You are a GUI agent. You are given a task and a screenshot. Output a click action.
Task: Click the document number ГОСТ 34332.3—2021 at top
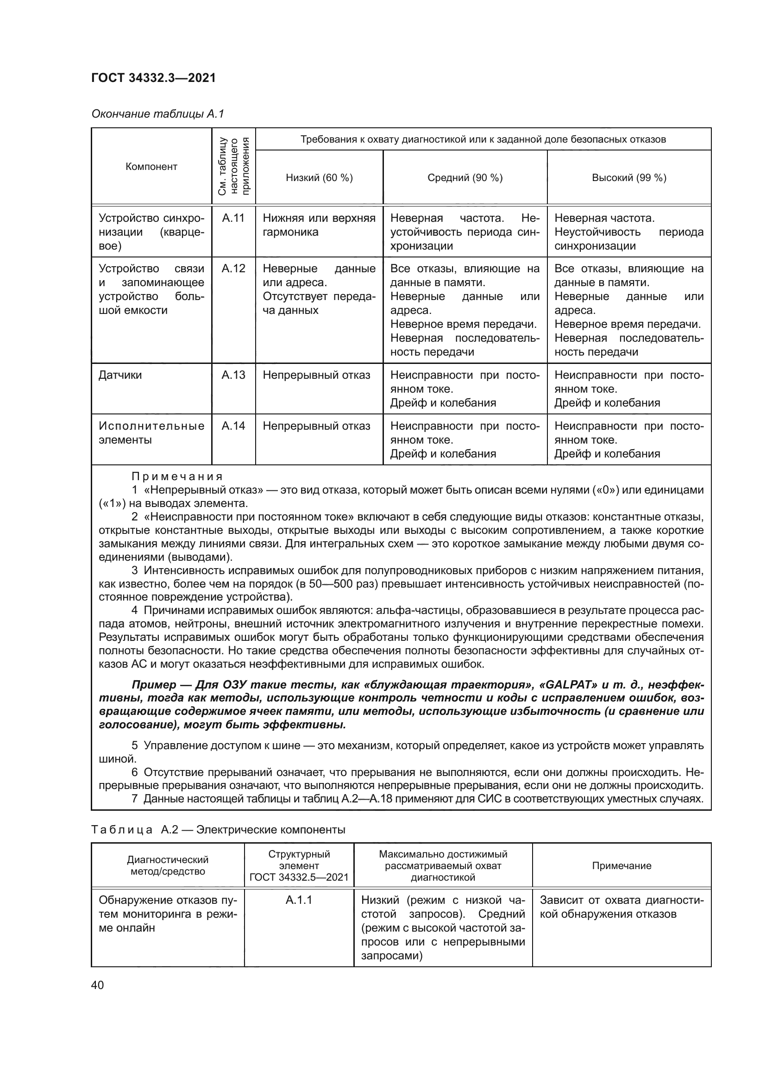(153, 78)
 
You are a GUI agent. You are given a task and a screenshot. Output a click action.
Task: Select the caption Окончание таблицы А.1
(157, 114)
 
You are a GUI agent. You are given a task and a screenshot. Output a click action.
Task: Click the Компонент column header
(151, 167)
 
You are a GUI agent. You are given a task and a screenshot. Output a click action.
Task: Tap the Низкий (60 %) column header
(320, 178)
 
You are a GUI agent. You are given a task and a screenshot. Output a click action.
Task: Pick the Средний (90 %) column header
(465, 178)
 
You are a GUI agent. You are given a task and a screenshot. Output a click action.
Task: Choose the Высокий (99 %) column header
(629, 178)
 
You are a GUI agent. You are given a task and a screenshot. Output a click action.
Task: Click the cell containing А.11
(233, 219)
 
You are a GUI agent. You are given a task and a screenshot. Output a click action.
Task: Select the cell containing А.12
(233, 269)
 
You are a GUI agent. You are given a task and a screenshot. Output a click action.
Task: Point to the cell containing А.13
(233, 376)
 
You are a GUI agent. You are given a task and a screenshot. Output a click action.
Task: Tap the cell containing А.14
(233, 426)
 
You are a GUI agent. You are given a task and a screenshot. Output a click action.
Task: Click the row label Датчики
(120, 376)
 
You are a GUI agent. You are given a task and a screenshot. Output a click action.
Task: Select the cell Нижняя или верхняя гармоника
(319, 225)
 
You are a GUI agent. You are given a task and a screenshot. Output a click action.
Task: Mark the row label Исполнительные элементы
(151, 433)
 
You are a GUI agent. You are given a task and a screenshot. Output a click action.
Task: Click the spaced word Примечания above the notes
(177, 476)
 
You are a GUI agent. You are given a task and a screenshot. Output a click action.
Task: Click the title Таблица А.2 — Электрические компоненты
(218, 830)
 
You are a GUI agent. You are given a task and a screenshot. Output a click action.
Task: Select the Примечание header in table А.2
(621, 865)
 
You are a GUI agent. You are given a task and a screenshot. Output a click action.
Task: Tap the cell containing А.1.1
(299, 900)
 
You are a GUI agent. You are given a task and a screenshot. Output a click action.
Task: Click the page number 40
(98, 985)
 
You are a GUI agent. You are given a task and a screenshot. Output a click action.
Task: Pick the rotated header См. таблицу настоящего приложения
(233, 167)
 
